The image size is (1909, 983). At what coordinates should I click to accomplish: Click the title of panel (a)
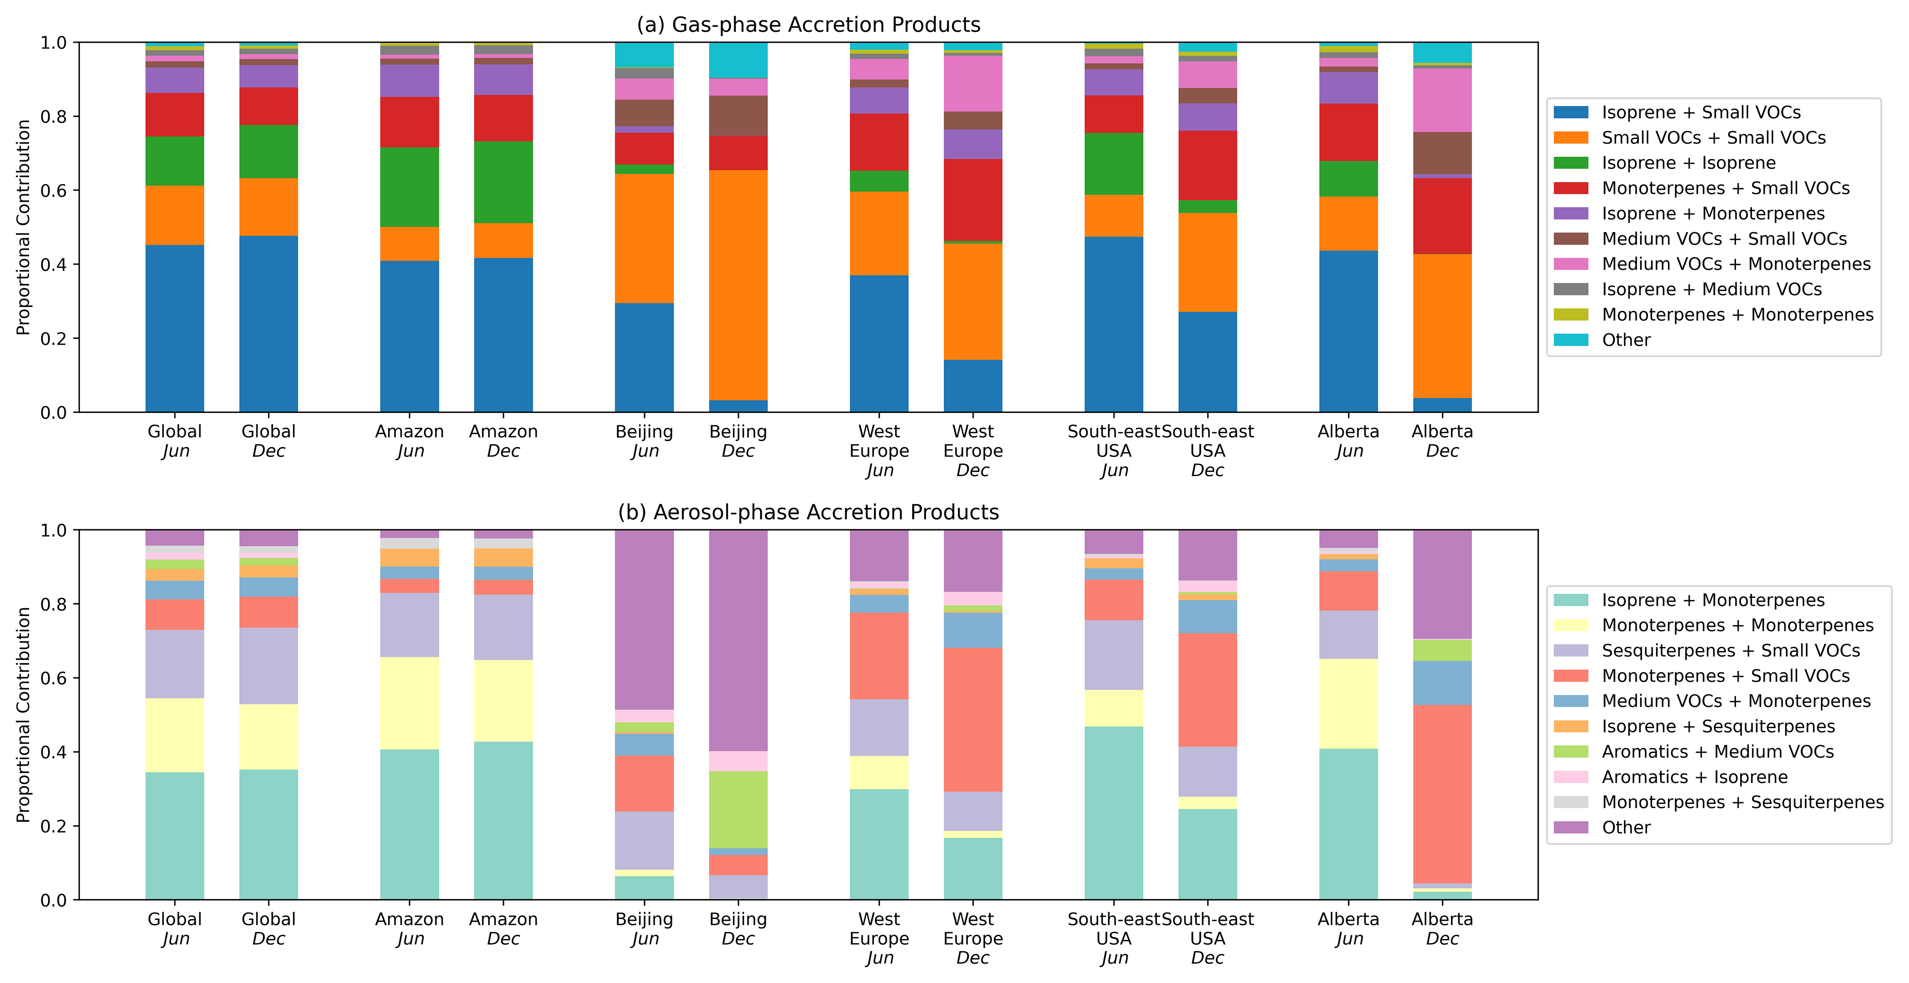(808, 25)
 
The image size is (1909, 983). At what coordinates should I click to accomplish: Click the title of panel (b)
(808, 512)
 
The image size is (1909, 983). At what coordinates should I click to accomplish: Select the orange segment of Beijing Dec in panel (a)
(738, 285)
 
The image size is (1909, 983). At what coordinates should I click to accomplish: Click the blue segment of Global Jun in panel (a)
(174, 328)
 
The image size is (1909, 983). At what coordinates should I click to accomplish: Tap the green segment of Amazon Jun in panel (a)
(409, 188)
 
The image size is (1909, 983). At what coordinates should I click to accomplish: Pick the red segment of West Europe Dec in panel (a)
(972, 200)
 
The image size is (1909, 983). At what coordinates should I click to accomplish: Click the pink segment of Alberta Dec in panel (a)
(1442, 100)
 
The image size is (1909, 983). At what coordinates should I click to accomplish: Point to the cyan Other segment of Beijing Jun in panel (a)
(644, 55)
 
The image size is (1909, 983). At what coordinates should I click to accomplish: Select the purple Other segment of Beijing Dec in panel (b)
(738, 640)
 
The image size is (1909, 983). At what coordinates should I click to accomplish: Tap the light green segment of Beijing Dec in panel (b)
(738, 809)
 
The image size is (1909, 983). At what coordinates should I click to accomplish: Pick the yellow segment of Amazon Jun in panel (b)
(409, 703)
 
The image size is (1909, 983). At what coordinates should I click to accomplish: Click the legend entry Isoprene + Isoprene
(1688, 163)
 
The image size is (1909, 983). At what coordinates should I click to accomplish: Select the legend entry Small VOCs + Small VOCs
(1713, 138)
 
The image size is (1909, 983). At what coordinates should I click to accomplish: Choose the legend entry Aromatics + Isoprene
(1694, 777)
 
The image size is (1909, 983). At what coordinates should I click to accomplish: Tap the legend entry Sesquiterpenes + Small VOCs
(1731, 651)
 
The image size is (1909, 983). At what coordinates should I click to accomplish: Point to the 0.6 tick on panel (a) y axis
(54, 190)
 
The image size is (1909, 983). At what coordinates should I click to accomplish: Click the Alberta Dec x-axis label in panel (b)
(1442, 929)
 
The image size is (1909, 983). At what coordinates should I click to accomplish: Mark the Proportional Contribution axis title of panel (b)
(23, 715)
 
